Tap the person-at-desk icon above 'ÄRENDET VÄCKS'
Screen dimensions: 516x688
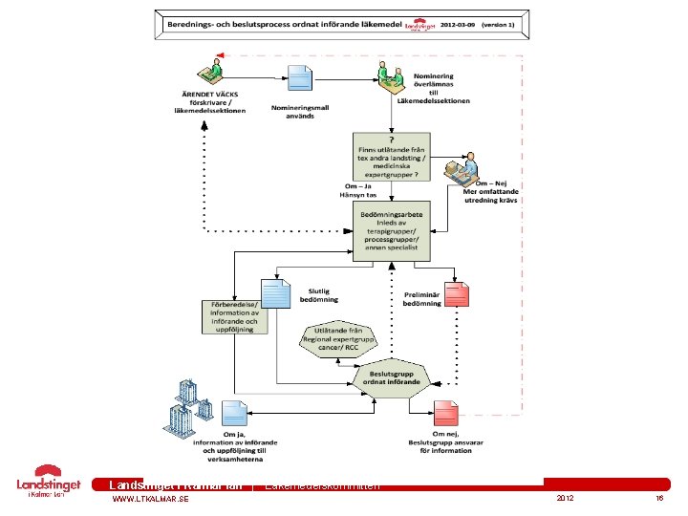pos(214,72)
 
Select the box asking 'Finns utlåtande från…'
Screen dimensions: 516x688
pos(391,157)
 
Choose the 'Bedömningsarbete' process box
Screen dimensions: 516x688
pos(392,230)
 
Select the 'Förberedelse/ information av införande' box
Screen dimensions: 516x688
pos(235,314)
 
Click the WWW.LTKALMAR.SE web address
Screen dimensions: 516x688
pos(150,500)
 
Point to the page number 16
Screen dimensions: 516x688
pos(659,500)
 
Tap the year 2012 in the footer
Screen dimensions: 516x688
pos(565,500)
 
